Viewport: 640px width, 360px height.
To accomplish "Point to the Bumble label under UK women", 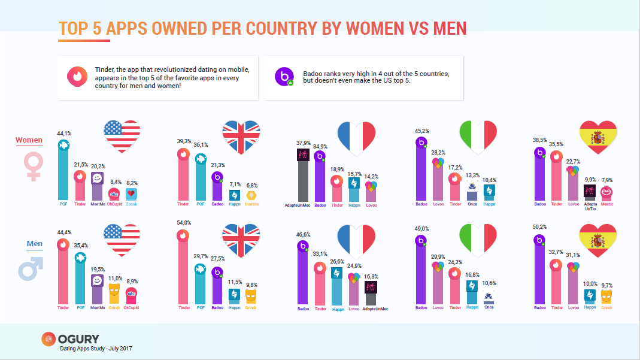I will point(251,204).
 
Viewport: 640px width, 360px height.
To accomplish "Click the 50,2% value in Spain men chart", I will point(541,227).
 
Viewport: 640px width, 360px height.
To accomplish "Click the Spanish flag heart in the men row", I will point(599,241).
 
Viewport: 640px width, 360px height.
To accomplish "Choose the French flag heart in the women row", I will point(361,137).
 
